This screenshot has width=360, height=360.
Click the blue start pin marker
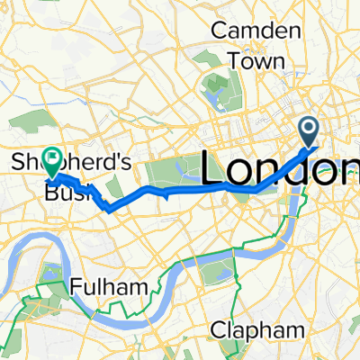click(x=309, y=132)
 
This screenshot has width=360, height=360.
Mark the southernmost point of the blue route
click(x=109, y=211)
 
